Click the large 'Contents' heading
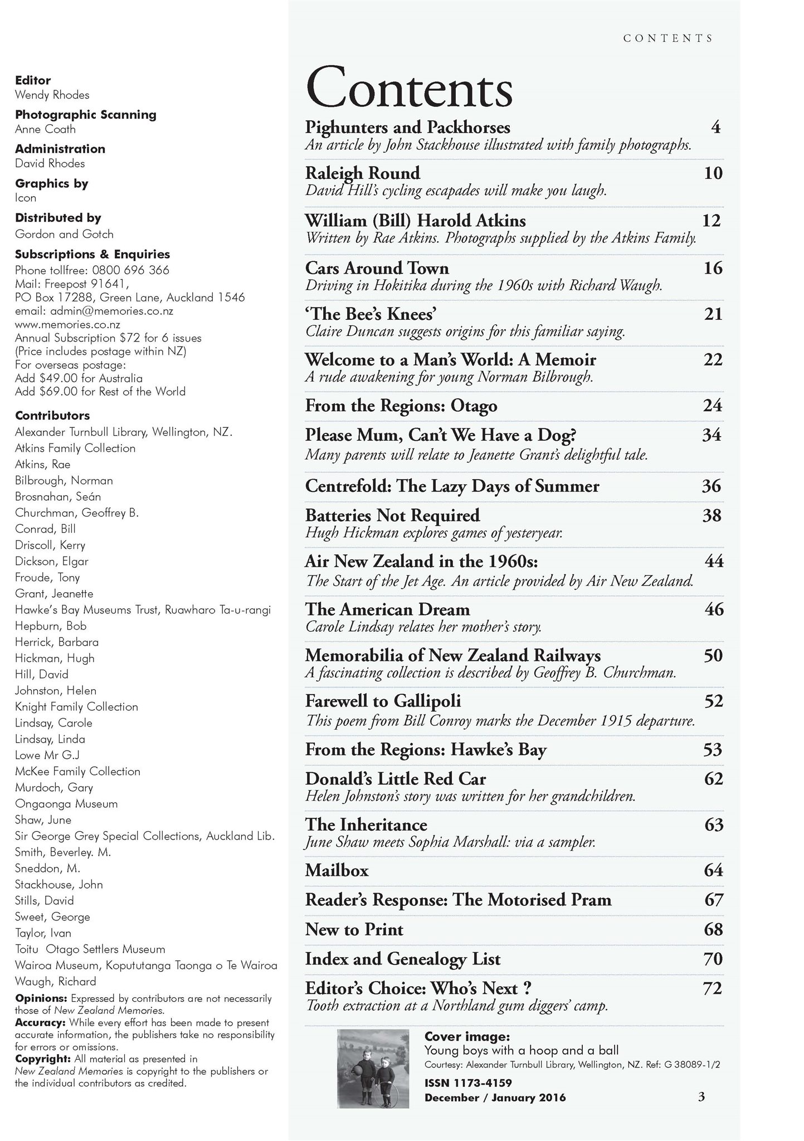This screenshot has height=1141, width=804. (x=408, y=87)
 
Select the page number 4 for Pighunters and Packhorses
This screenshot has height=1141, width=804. (x=715, y=128)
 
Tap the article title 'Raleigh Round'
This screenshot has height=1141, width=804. (x=362, y=173)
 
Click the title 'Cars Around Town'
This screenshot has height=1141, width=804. (x=377, y=269)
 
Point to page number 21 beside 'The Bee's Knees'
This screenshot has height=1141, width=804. (x=713, y=314)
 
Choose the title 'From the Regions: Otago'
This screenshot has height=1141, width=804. (x=401, y=406)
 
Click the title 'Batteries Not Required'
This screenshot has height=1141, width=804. (x=392, y=515)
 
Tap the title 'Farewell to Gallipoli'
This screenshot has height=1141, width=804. (x=383, y=701)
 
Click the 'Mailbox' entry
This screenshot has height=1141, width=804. (x=337, y=870)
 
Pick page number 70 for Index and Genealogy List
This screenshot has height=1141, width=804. (x=713, y=959)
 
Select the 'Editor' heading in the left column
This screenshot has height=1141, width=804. (x=33, y=80)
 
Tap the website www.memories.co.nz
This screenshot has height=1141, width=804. (x=67, y=324)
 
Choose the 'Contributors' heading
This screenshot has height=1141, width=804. (x=52, y=416)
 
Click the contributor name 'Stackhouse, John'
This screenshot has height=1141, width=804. (x=59, y=885)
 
